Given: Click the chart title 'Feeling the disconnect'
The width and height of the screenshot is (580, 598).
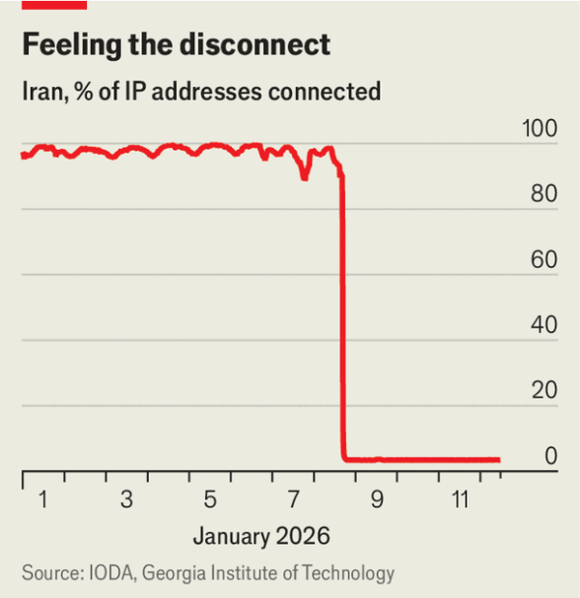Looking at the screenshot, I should pyautogui.click(x=175, y=45).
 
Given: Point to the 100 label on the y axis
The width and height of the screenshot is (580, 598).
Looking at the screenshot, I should pyautogui.click(x=537, y=129).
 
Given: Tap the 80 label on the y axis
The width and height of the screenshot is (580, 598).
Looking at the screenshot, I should pyautogui.click(x=543, y=194).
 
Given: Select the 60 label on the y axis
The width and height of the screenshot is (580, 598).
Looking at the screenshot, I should pyautogui.click(x=543, y=260).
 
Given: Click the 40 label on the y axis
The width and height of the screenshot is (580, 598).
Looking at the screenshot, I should pyautogui.click(x=543, y=326).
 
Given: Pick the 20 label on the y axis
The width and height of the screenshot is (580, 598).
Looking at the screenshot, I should pyautogui.click(x=543, y=392).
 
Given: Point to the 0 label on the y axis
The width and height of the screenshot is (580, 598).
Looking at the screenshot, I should pyautogui.click(x=550, y=457).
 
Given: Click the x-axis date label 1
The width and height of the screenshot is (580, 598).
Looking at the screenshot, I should pyautogui.click(x=43, y=500).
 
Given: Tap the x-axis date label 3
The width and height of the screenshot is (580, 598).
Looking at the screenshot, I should pyautogui.click(x=127, y=500).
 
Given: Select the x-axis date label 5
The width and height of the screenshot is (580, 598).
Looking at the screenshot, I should pyautogui.click(x=210, y=500).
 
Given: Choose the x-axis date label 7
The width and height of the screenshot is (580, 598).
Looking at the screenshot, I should pyautogui.click(x=294, y=500).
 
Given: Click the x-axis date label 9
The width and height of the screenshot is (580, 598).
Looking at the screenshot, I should pyautogui.click(x=377, y=500).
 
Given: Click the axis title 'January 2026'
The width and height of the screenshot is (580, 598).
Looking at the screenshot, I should pyautogui.click(x=261, y=535).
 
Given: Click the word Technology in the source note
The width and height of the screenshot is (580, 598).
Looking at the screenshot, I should pyautogui.click(x=346, y=573).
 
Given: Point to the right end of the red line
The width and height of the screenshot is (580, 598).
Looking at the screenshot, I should pyautogui.click(x=498, y=460).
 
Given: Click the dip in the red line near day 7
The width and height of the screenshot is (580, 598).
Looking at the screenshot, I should pyautogui.click(x=304, y=176).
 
